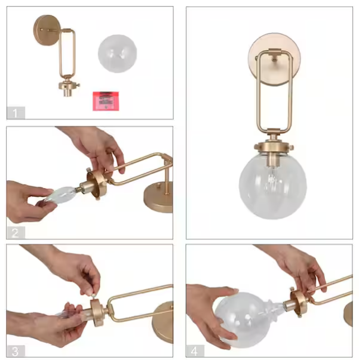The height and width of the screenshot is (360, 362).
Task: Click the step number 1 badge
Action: click(16, 112)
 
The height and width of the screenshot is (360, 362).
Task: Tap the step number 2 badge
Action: click(16, 232)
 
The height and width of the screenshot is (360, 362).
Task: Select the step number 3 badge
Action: click(16, 349)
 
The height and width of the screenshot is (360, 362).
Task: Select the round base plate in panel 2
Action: click(159, 199)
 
